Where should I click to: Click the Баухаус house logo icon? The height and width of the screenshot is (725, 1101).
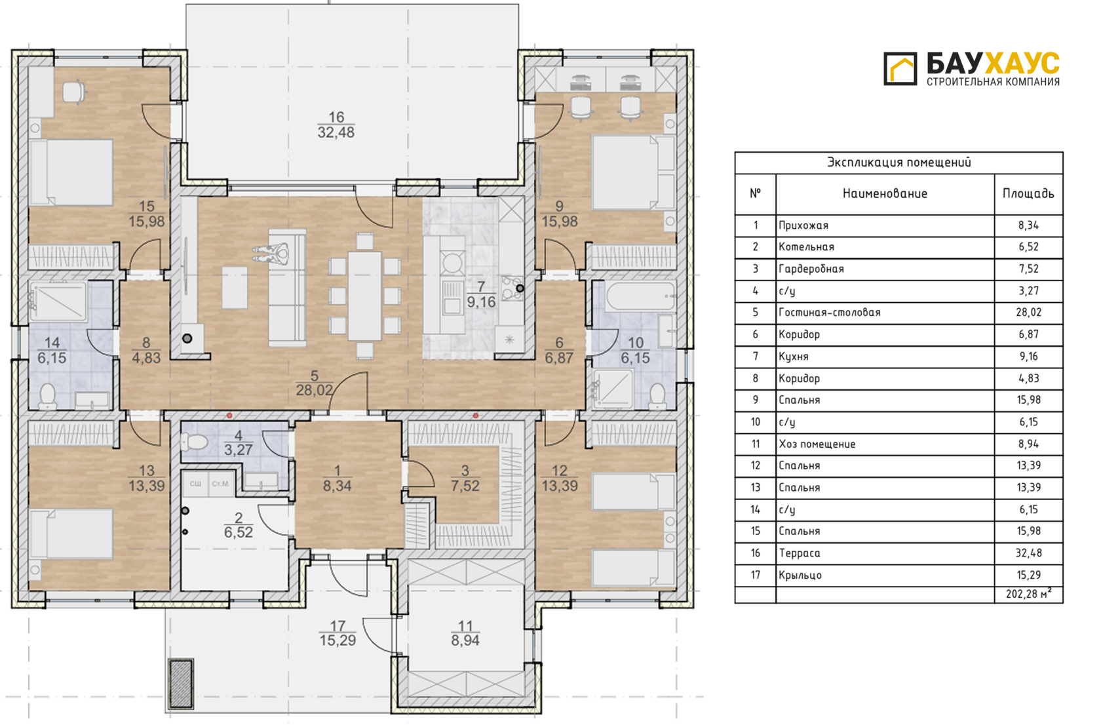point(900,69)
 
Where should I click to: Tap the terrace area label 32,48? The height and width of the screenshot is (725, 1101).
point(336,132)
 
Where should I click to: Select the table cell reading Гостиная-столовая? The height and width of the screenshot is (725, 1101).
point(829,313)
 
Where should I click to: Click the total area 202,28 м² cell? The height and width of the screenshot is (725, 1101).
point(1028,594)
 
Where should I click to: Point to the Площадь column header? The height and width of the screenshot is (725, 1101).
point(1028,193)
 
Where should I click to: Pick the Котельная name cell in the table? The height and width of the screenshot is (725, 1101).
point(806,246)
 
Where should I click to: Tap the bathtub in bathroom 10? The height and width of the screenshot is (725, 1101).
point(640,296)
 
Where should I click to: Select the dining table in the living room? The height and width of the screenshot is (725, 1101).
point(364,296)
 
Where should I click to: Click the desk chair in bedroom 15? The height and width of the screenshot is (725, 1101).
point(74,92)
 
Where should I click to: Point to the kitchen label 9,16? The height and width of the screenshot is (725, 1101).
point(481,302)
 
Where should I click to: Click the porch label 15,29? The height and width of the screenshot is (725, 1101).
point(337,640)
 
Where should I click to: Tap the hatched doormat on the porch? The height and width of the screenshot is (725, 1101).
point(181,684)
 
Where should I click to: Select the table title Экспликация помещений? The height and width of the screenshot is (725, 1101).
point(898,163)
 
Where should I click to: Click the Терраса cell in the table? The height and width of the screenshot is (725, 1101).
point(800,553)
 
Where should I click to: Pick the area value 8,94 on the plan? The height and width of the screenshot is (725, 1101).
point(465,640)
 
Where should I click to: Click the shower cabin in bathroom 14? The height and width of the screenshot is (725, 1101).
point(58,302)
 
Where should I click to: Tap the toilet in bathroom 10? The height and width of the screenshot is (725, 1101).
point(657,397)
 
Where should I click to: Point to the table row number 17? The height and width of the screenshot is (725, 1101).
point(756,575)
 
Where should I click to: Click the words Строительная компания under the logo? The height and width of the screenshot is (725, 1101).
point(993,81)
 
